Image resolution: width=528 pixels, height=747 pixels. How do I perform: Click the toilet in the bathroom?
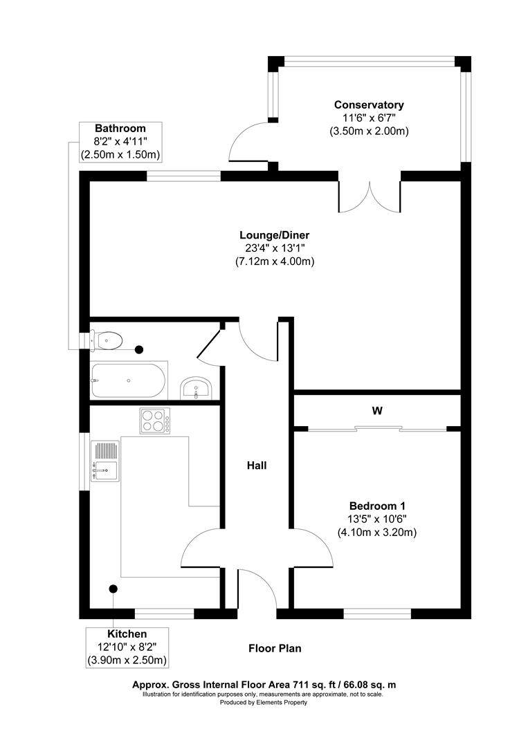click(x=107, y=340)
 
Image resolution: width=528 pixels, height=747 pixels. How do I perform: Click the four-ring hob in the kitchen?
click(x=155, y=421)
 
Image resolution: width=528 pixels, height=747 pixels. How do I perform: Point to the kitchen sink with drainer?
click(x=104, y=461)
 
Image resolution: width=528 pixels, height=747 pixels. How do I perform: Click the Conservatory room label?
click(x=369, y=104)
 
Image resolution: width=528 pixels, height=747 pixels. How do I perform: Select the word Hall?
click(x=257, y=465)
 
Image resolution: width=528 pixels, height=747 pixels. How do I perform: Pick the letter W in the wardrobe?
click(x=377, y=410)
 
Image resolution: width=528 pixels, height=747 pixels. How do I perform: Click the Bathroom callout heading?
click(x=120, y=128)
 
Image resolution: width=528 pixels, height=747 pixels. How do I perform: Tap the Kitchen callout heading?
click(x=127, y=634)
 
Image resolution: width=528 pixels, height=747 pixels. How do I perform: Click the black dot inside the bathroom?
click(x=139, y=350)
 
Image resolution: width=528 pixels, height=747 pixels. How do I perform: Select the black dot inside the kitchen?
click(x=112, y=589)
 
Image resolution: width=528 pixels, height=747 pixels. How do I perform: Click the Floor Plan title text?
click(x=275, y=648)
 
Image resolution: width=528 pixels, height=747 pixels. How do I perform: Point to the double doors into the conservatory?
click(x=370, y=197)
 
